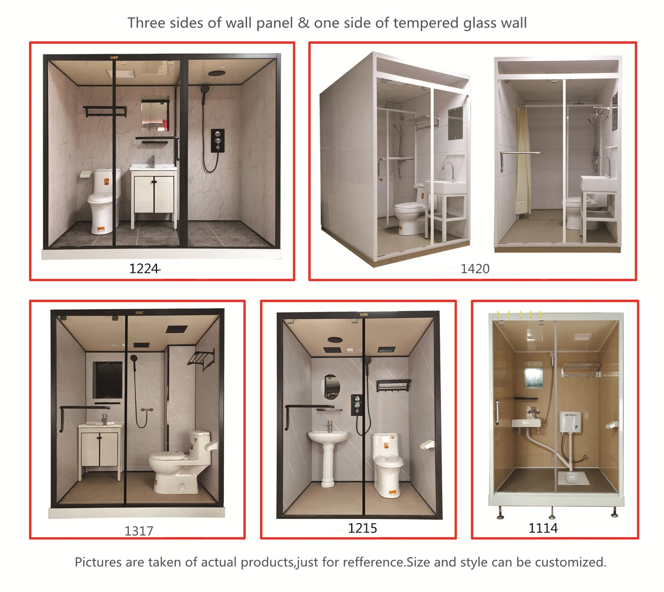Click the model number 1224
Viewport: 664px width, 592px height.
[x=144, y=269]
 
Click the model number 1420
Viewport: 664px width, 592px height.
[x=475, y=269]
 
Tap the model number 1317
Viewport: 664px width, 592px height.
[x=139, y=531]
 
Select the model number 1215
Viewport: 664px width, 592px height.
[x=362, y=528]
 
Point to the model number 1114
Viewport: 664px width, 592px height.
[x=543, y=528]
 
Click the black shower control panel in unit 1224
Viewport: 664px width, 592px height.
[x=218, y=141]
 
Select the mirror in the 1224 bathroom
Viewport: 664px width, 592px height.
[x=155, y=114]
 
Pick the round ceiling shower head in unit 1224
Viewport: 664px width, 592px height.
[x=217, y=73]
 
